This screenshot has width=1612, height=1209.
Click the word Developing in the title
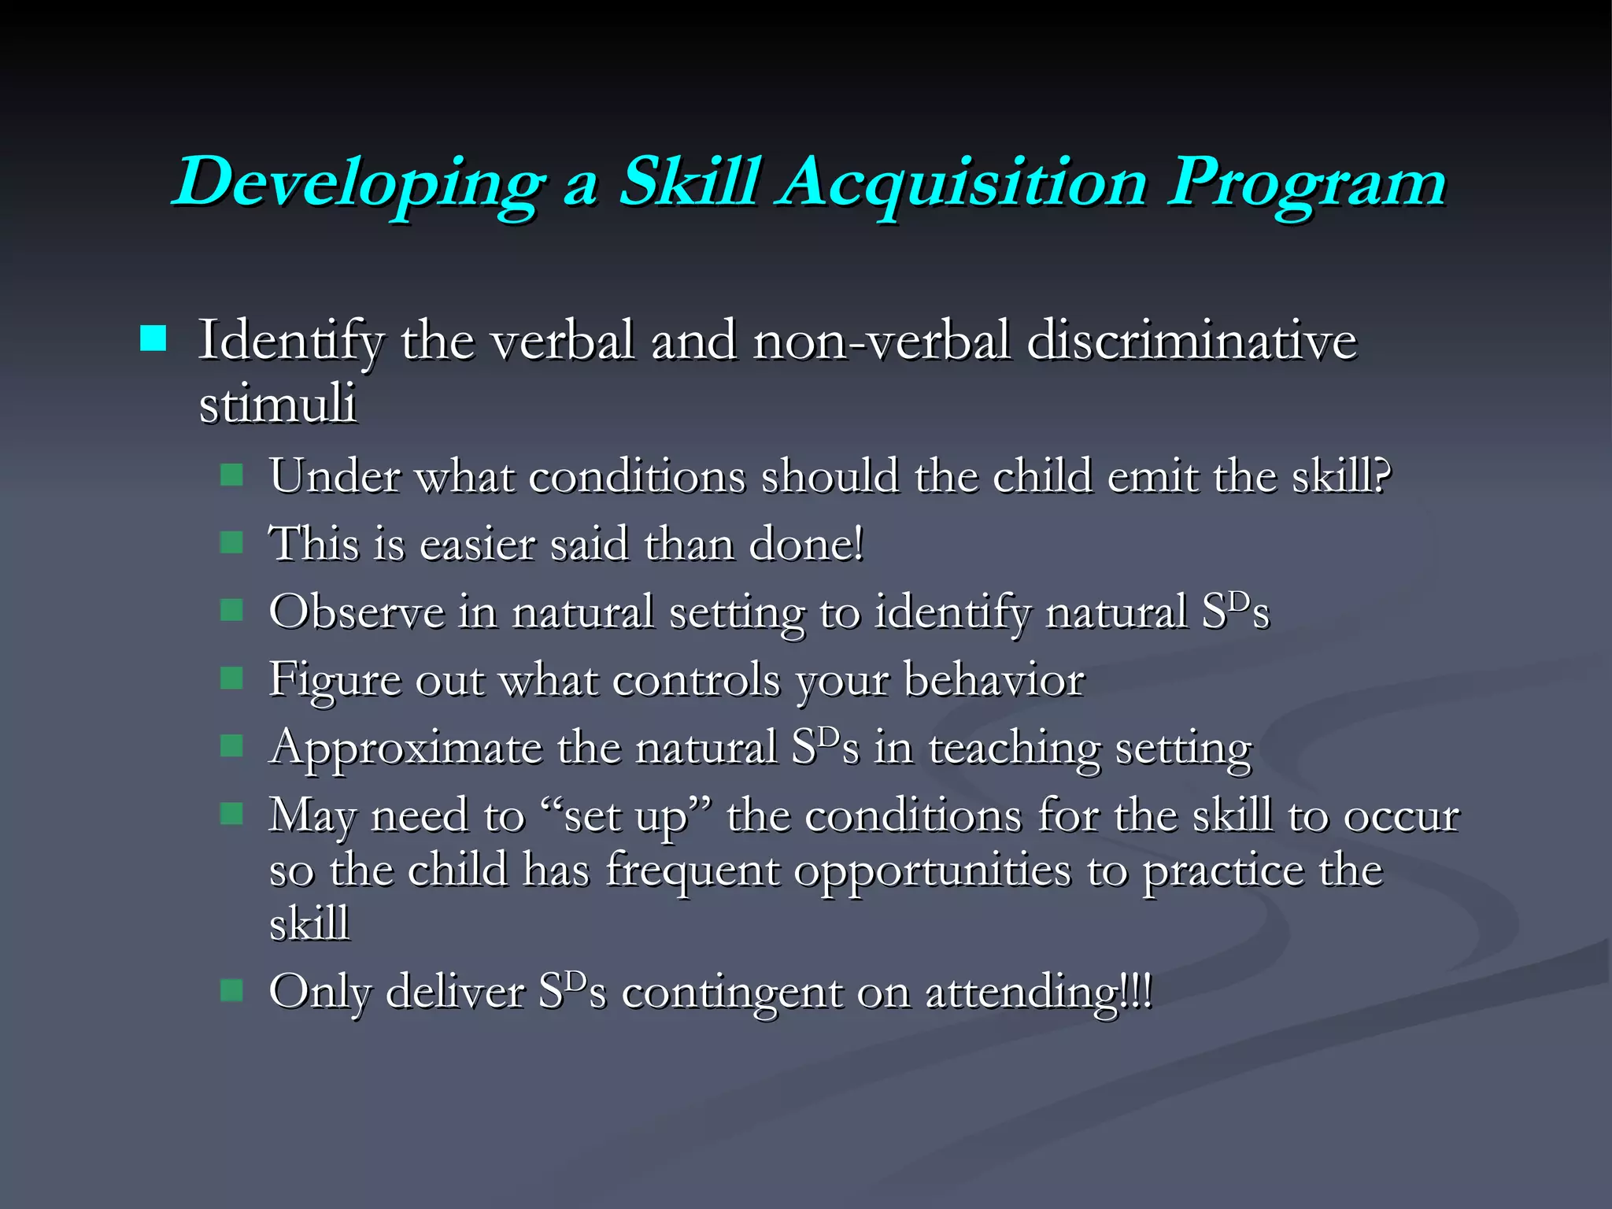click(358, 183)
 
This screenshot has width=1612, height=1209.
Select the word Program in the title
click(1307, 183)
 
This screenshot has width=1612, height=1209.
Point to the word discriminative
click(1192, 342)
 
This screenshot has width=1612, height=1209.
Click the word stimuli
click(277, 404)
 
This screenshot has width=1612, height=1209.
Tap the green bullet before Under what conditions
click(231, 475)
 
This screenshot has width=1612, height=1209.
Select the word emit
click(1152, 476)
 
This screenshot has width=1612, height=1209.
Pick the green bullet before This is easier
click(231, 542)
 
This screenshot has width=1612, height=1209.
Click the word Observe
click(356, 612)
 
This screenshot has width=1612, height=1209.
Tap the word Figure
click(334, 680)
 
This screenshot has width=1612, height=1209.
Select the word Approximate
click(405, 748)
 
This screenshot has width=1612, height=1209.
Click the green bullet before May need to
click(231, 813)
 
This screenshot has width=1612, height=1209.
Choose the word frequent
click(692, 871)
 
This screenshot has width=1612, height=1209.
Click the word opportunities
click(932, 872)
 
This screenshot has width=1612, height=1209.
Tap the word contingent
click(731, 992)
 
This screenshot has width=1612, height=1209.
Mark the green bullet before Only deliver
click(231, 989)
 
